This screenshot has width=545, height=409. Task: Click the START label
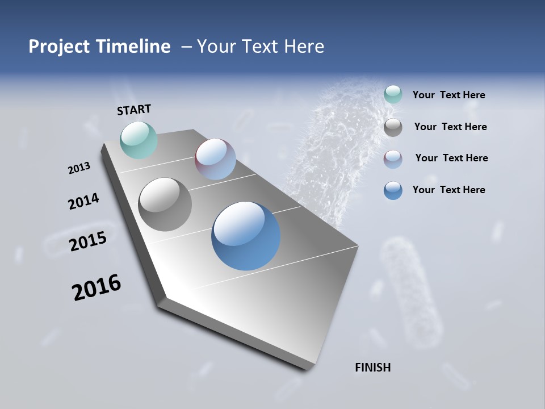(134, 110)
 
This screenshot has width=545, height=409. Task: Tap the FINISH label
(372, 368)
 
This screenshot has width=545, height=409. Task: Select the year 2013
(79, 168)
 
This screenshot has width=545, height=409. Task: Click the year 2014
(83, 202)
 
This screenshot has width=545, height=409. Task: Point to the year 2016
(97, 287)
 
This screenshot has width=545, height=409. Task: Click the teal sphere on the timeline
(139, 140)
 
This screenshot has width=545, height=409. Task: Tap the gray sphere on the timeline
(165, 204)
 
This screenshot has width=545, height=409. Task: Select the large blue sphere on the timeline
(246, 236)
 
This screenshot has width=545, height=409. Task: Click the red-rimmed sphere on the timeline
(215, 159)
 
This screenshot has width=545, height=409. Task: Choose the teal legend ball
(393, 94)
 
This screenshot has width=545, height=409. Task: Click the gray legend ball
(393, 127)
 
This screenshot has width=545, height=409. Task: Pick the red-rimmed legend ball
(393, 159)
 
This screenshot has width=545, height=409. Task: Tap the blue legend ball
(393, 190)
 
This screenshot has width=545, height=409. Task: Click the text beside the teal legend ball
(448, 95)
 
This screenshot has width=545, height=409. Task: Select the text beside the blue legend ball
(448, 190)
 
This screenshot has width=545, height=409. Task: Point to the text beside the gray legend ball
(450, 127)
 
